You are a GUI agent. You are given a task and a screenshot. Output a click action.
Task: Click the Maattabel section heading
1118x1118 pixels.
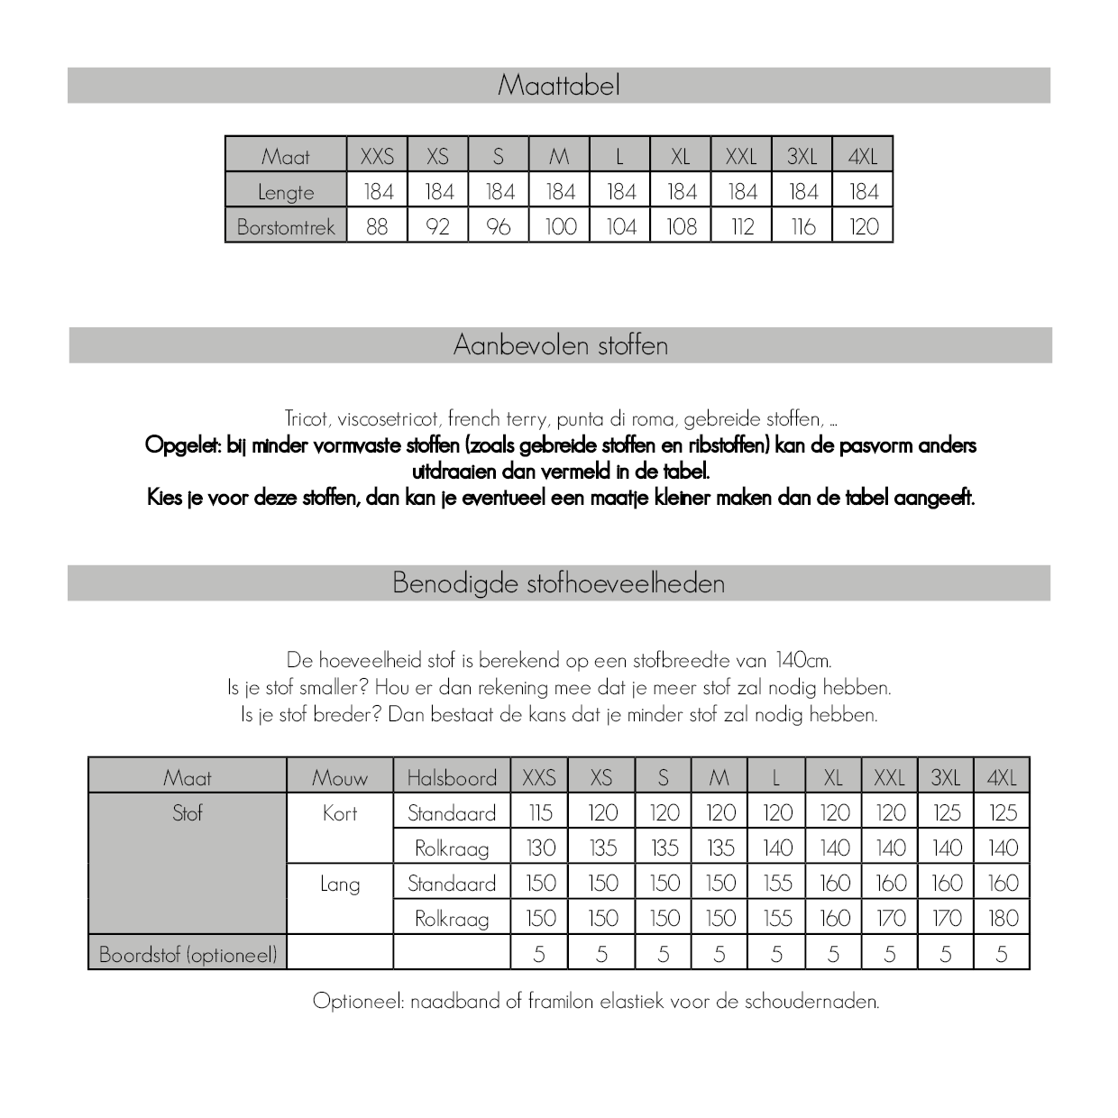coord(559,86)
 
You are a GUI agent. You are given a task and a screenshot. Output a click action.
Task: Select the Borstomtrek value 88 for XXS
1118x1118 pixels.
coord(377,226)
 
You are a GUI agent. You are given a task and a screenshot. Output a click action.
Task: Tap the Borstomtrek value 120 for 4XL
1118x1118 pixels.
coord(863,226)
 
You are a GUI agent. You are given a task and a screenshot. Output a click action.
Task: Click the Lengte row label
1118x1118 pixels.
coord(286,192)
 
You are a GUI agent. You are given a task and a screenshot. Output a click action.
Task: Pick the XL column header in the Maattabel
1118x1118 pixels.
coord(681,156)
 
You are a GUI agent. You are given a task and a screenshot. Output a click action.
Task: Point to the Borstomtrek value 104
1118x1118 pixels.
coord(620,226)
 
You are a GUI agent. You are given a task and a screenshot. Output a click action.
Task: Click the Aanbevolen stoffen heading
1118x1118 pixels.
coord(561,345)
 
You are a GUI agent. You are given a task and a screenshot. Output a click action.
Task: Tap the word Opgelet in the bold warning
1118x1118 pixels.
coord(181,445)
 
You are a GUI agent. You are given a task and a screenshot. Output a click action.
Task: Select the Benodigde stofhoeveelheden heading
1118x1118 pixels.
coord(559,583)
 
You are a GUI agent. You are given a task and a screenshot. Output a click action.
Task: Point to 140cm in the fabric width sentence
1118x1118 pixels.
coord(802,660)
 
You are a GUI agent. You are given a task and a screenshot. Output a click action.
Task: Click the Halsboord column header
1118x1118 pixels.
coord(452,777)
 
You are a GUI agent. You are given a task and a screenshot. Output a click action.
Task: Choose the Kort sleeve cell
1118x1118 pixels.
coord(340,813)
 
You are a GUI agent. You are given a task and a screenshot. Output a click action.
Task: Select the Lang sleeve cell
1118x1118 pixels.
coord(340,884)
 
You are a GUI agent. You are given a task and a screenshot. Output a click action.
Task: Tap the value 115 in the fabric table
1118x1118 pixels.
coord(540,813)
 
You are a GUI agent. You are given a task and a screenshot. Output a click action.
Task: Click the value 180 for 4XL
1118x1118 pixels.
coord(1003,919)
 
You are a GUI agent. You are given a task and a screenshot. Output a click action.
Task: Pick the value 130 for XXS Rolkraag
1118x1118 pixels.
coord(540,848)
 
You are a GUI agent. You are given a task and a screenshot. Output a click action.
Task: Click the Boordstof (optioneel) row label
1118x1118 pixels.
coord(188,954)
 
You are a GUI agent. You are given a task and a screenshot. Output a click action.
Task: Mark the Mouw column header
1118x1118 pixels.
coord(340,777)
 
